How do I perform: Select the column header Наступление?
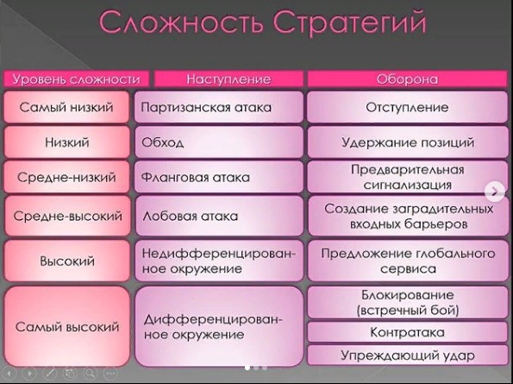pyautogui.click(x=228, y=79)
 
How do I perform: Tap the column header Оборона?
pyautogui.click(x=407, y=79)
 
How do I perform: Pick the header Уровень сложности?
pyautogui.click(x=76, y=79)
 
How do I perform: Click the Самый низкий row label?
pyautogui.click(x=66, y=107)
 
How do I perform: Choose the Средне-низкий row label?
pyautogui.click(x=66, y=177)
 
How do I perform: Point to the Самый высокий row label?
pyautogui.click(x=67, y=327)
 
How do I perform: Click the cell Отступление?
pyautogui.click(x=407, y=107)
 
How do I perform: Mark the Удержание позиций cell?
pyautogui.click(x=408, y=142)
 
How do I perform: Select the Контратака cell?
pyautogui.click(x=408, y=332)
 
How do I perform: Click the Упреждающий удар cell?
pyautogui.click(x=408, y=356)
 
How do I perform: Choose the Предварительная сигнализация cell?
pyautogui.click(x=408, y=177)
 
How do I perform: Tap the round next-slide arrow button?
pyautogui.click(x=495, y=192)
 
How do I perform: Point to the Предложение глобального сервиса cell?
pyautogui.click(x=408, y=261)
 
